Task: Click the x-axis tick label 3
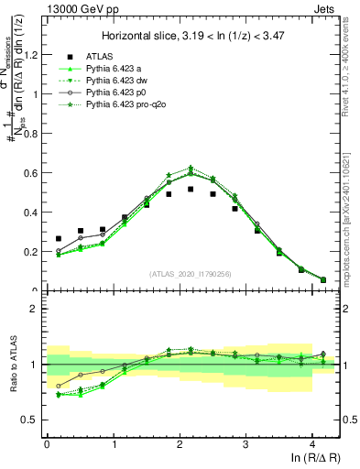246,445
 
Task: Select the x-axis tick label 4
312,445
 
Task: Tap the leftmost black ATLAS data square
59,238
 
